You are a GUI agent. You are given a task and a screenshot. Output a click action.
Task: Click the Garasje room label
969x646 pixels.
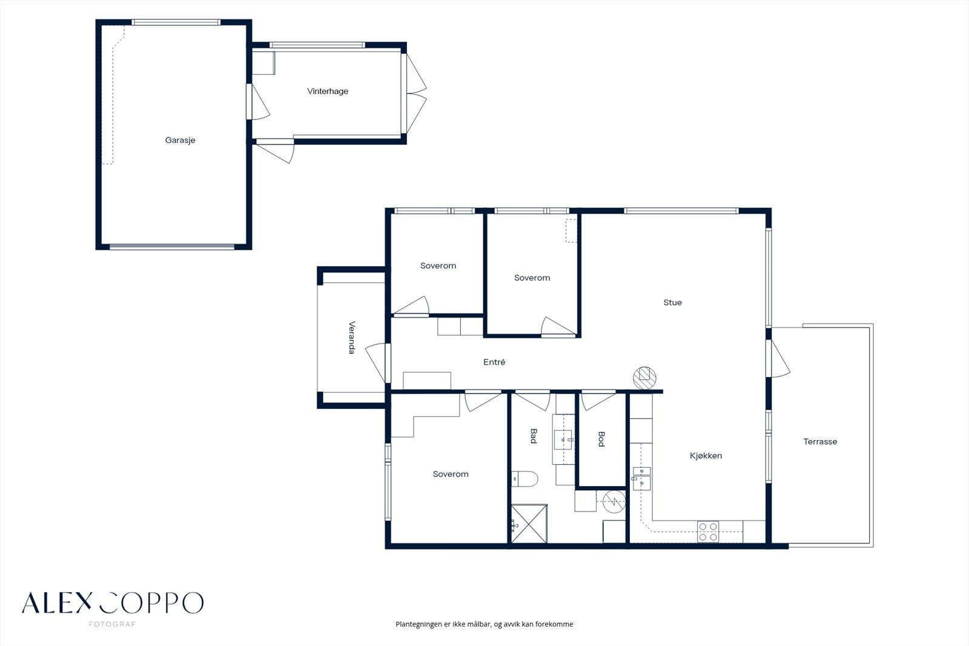(180, 140)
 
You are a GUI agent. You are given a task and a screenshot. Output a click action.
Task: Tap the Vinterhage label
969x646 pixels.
(328, 92)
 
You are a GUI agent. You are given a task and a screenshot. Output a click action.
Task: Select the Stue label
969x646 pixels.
(672, 302)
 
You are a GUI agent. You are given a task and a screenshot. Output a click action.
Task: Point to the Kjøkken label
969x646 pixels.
(706, 456)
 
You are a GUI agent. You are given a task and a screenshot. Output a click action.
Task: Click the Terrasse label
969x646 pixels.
(820, 442)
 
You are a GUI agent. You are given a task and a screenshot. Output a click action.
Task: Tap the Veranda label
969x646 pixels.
(352, 338)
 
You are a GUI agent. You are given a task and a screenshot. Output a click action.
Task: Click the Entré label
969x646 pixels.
(494, 362)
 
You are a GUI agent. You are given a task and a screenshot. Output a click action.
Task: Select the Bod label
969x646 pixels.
(601, 439)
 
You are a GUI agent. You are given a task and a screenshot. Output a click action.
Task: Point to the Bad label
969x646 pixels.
(534, 436)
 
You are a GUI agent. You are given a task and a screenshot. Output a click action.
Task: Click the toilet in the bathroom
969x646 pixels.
(524, 479)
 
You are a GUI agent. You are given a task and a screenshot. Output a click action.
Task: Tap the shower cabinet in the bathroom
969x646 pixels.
(529, 523)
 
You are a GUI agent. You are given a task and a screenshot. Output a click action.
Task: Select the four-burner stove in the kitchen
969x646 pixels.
(708, 531)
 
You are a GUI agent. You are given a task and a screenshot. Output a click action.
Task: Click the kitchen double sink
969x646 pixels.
(641, 478)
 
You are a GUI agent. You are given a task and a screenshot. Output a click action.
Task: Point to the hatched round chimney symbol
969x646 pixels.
(644, 378)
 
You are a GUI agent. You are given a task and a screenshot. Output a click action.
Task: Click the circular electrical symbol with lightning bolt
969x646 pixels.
(614, 501)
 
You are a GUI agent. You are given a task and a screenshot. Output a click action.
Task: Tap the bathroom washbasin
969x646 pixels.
(564, 439)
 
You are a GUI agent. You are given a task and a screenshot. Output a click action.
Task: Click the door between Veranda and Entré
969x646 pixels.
(376, 363)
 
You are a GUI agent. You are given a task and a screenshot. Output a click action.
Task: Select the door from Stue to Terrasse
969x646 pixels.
(778, 359)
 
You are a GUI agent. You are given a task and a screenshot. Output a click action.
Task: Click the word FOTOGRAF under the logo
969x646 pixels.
(112, 624)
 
